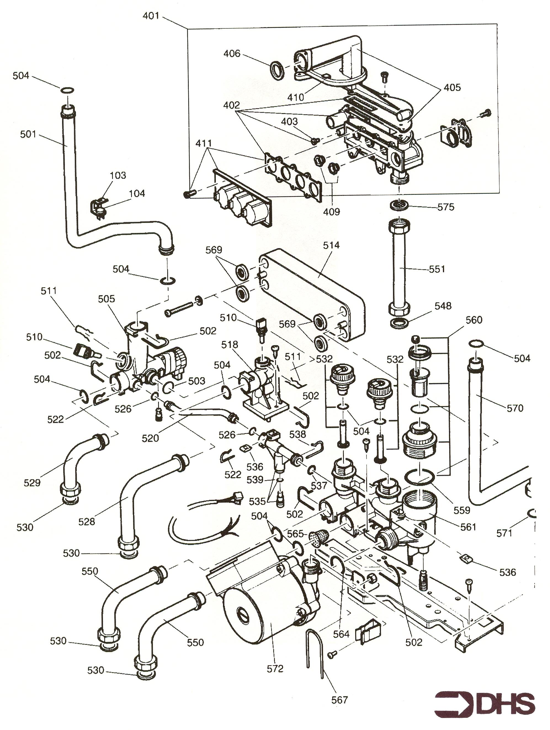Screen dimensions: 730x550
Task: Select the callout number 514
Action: pyautogui.click(x=331, y=245)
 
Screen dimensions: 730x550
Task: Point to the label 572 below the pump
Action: pyautogui.click(x=275, y=669)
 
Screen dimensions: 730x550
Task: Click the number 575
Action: pyautogui.click(x=446, y=207)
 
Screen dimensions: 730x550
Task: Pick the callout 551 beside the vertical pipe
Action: pyautogui.click(x=437, y=269)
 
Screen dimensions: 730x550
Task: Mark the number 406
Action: pyautogui.click(x=232, y=54)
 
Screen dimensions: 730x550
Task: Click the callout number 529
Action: pyautogui.click(x=32, y=482)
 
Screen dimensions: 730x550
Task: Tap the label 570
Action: pyautogui.click(x=515, y=408)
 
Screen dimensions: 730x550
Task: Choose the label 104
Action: pyautogui.click(x=137, y=193)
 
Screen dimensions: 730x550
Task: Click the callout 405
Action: pyautogui.click(x=452, y=87)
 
